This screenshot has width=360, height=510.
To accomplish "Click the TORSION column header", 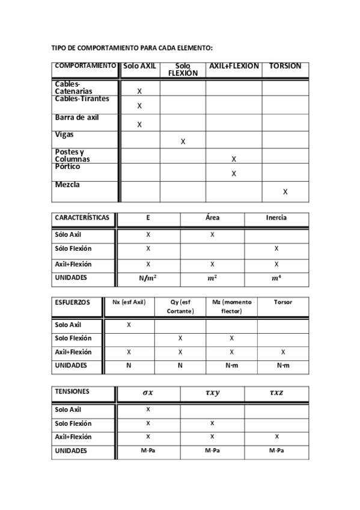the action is coord(285,66).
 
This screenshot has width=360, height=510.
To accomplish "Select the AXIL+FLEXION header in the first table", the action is coord(233,66).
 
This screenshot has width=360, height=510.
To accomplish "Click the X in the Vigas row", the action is coord(183,142).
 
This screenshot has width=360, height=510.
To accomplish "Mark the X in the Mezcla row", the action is coord(285,192).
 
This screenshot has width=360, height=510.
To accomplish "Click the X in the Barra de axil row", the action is coord(139,125).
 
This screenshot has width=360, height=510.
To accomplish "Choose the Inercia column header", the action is coord(276,218).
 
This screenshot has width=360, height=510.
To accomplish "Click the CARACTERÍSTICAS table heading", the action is coord(82,218).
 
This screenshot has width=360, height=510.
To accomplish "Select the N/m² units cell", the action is coord(148,278).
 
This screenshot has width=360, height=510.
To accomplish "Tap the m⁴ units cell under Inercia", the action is coord(276,278).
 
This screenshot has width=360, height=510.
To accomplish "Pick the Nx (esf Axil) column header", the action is coord(129,303).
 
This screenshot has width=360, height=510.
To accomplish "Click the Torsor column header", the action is coord(283,303).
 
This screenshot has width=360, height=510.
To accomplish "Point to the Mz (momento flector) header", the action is coord(231,307).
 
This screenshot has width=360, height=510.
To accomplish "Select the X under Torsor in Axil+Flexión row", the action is coord(283,352).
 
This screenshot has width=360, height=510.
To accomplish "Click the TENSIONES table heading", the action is coord(72,392).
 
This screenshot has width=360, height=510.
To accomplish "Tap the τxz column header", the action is coord(276,393).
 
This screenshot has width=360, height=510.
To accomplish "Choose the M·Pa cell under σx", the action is coord(148,450).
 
